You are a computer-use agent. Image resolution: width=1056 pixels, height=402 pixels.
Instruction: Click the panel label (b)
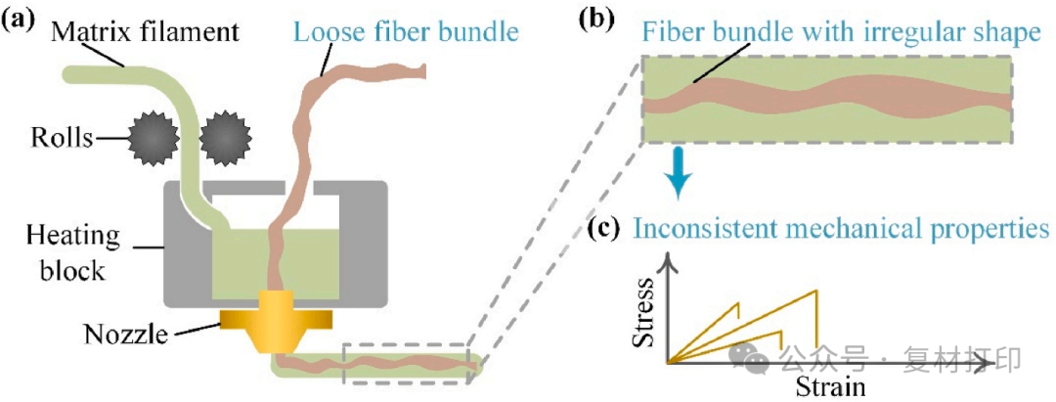pyautogui.click(x=599, y=20)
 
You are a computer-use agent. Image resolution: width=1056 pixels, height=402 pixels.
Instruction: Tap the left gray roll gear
pyautogui.click(x=152, y=140)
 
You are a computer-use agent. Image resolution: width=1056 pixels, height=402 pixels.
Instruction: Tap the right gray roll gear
pyautogui.click(x=223, y=140)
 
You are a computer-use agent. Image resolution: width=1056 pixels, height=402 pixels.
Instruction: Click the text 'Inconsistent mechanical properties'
pyautogui.click(x=841, y=230)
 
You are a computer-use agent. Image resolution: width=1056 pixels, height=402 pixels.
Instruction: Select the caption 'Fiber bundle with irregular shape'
pyautogui.click(x=841, y=33)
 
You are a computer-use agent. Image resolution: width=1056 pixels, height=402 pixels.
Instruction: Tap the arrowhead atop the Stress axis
pyautogui.click(x=669, y=260)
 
